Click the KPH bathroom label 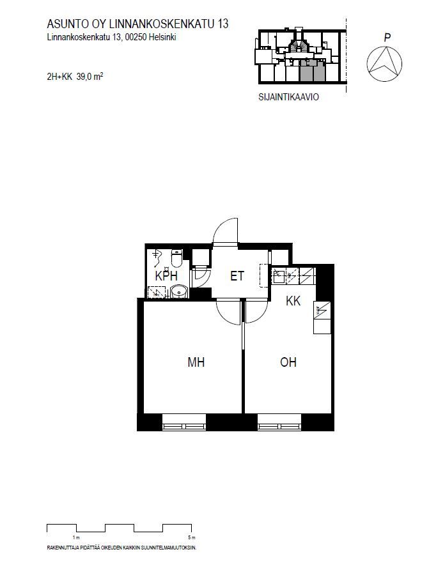pos(166,276)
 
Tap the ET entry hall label pos(237,276)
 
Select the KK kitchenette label pos(293,301)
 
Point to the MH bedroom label pos(196,362)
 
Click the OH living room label pos(288,362)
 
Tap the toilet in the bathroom pos(177,258)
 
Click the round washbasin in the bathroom pos(178,291)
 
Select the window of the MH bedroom pos(184,422)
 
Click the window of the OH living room pos(279,422)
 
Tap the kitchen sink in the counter pos(279,276)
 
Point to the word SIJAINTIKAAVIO pos(288,97)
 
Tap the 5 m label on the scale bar pos(192,537)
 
